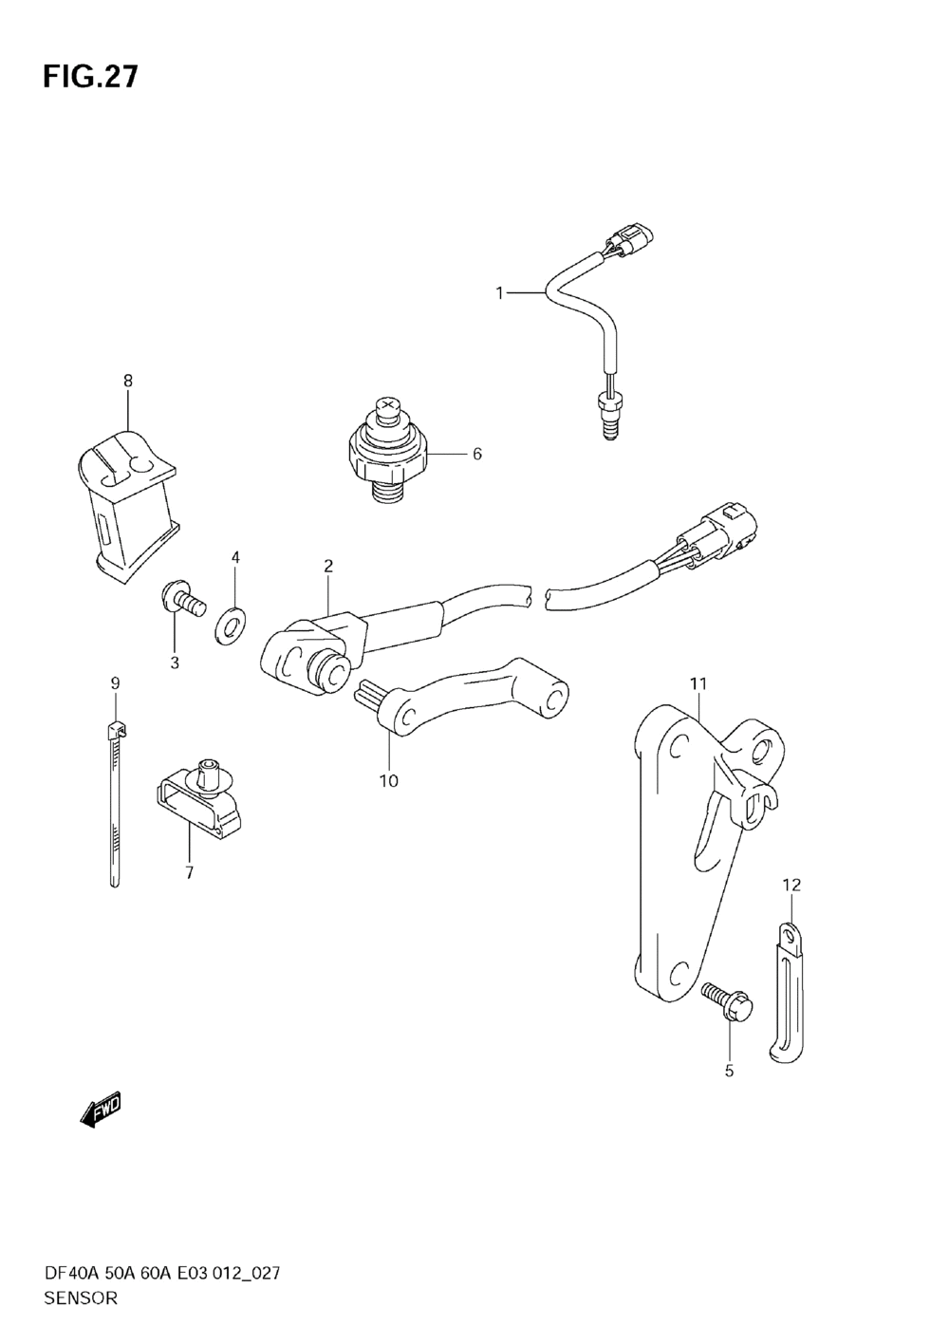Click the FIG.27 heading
pos(90,77)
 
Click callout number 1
pos(499,293)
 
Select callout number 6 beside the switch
pos(476,454)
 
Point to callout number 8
pos(127,381)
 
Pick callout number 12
pos(791,886)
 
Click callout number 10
pos(389,780)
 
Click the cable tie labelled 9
pos(114,807)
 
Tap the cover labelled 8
pos(125,503)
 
